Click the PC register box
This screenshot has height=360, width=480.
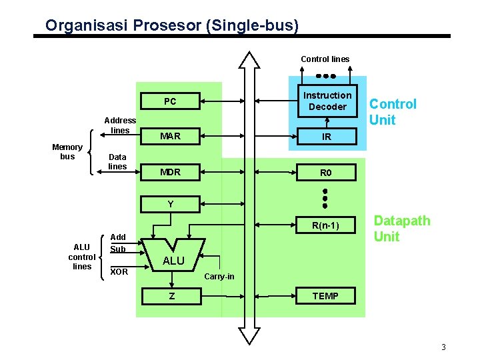coord(170,101)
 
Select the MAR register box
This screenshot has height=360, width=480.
coord(170,136)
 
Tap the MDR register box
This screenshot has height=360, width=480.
coord(170,172)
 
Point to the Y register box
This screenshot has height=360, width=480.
coord(170,204)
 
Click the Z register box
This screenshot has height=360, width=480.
coord(172,295)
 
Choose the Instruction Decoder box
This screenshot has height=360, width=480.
coord(327,101)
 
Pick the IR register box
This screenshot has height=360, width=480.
coord(326,137)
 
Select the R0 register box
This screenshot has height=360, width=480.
coord(326,173)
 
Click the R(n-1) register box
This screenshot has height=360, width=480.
coord(325,226)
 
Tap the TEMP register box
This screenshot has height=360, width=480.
coord(325,295)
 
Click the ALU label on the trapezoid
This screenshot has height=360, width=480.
coord(173,261)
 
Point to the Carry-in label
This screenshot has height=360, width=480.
coord(219,276)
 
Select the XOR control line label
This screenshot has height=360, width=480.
coord(119,272)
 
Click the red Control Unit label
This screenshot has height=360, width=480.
coord(393,112)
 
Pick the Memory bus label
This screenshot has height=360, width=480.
coord(67,151)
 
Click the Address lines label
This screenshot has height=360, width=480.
coord(120,125)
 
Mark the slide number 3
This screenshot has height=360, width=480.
coord(443,347)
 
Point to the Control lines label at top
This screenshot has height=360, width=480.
coord(325,59)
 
